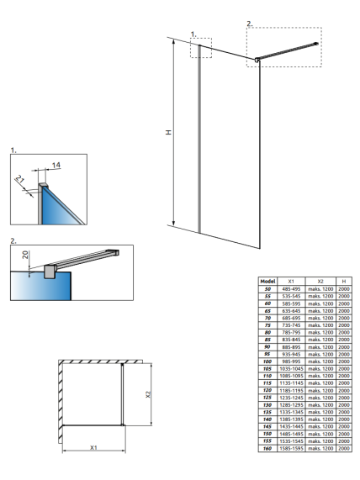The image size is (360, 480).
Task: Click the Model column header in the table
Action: (267, 281)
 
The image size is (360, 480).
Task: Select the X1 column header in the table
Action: (291, 281)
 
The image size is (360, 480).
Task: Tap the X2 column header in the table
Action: (320, 281)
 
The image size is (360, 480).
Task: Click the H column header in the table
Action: (344, 281)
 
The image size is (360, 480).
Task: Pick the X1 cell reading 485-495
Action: (291, 288)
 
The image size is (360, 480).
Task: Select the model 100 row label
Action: (267, 361)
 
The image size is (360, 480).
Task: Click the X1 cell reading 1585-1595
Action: (291, 448)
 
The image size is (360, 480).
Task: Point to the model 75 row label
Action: (267, 325)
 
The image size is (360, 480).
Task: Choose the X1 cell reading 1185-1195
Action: (291, 390)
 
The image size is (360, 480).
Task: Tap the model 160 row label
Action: (267, 448)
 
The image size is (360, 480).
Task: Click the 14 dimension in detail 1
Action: (56, 166)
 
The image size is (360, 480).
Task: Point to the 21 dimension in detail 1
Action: (19, 179)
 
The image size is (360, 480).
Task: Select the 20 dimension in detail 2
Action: (25, 255)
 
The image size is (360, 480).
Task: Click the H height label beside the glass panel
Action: (168, 132)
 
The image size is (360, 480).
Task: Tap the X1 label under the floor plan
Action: (93, 447)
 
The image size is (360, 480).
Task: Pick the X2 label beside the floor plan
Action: (148, 394)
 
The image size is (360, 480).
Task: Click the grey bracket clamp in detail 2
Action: (49, 272)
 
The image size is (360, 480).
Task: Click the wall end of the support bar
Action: (316, 44)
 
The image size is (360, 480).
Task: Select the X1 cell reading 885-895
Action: (291, 347)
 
